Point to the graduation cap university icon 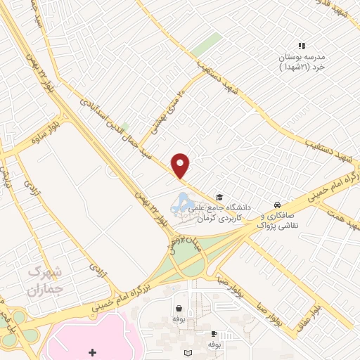pyautogui.click(x=219, y=198)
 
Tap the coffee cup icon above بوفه pyautogui.click(x=213, y=335)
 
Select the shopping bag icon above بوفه pyautogui.click(x=179, y=309)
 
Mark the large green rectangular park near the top pyautogui.click(x=207, y=44)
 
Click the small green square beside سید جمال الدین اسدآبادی pyautogui.click(x=124, y=127)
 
